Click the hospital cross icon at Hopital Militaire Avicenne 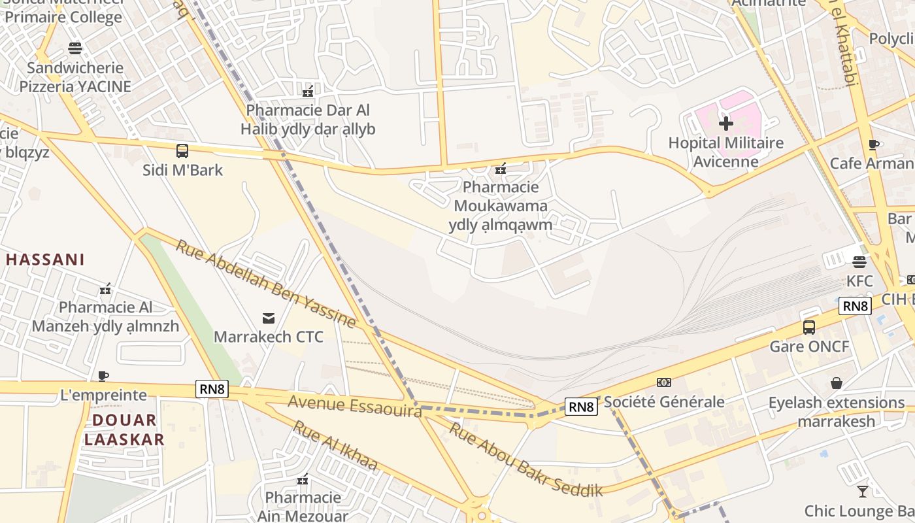(725, 123)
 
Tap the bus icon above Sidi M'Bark (182, 151)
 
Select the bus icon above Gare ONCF (809, 328)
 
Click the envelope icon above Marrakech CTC (268, 318)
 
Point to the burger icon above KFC (859, 262)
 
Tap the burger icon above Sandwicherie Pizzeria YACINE (75, 48)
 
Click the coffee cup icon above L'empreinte (103, 376)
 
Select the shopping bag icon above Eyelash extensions (836, 383)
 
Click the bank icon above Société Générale (664, 382)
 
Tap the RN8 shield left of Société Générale (581, 407)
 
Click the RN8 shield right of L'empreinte (212, 390)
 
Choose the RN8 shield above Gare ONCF (856, 306)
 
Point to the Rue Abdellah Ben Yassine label (266, 284)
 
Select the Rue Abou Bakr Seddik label (525, 458)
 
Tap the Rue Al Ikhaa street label (335, 445)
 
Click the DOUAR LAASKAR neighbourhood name (124, 430)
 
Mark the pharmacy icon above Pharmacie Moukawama (501, 169)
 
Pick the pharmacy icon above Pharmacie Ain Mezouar (303, 480)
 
